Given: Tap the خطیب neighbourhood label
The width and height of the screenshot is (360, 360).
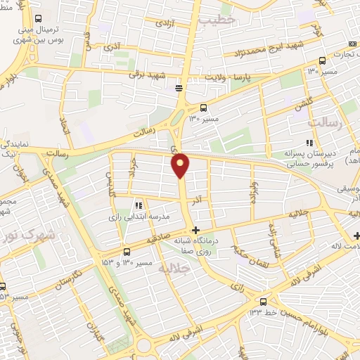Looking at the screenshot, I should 216,22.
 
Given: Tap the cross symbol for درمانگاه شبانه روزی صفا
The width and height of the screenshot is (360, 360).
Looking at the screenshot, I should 195,230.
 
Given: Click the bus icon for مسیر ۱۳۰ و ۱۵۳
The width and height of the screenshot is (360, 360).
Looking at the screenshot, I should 126,252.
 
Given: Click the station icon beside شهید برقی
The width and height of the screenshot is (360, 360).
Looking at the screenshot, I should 179,88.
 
